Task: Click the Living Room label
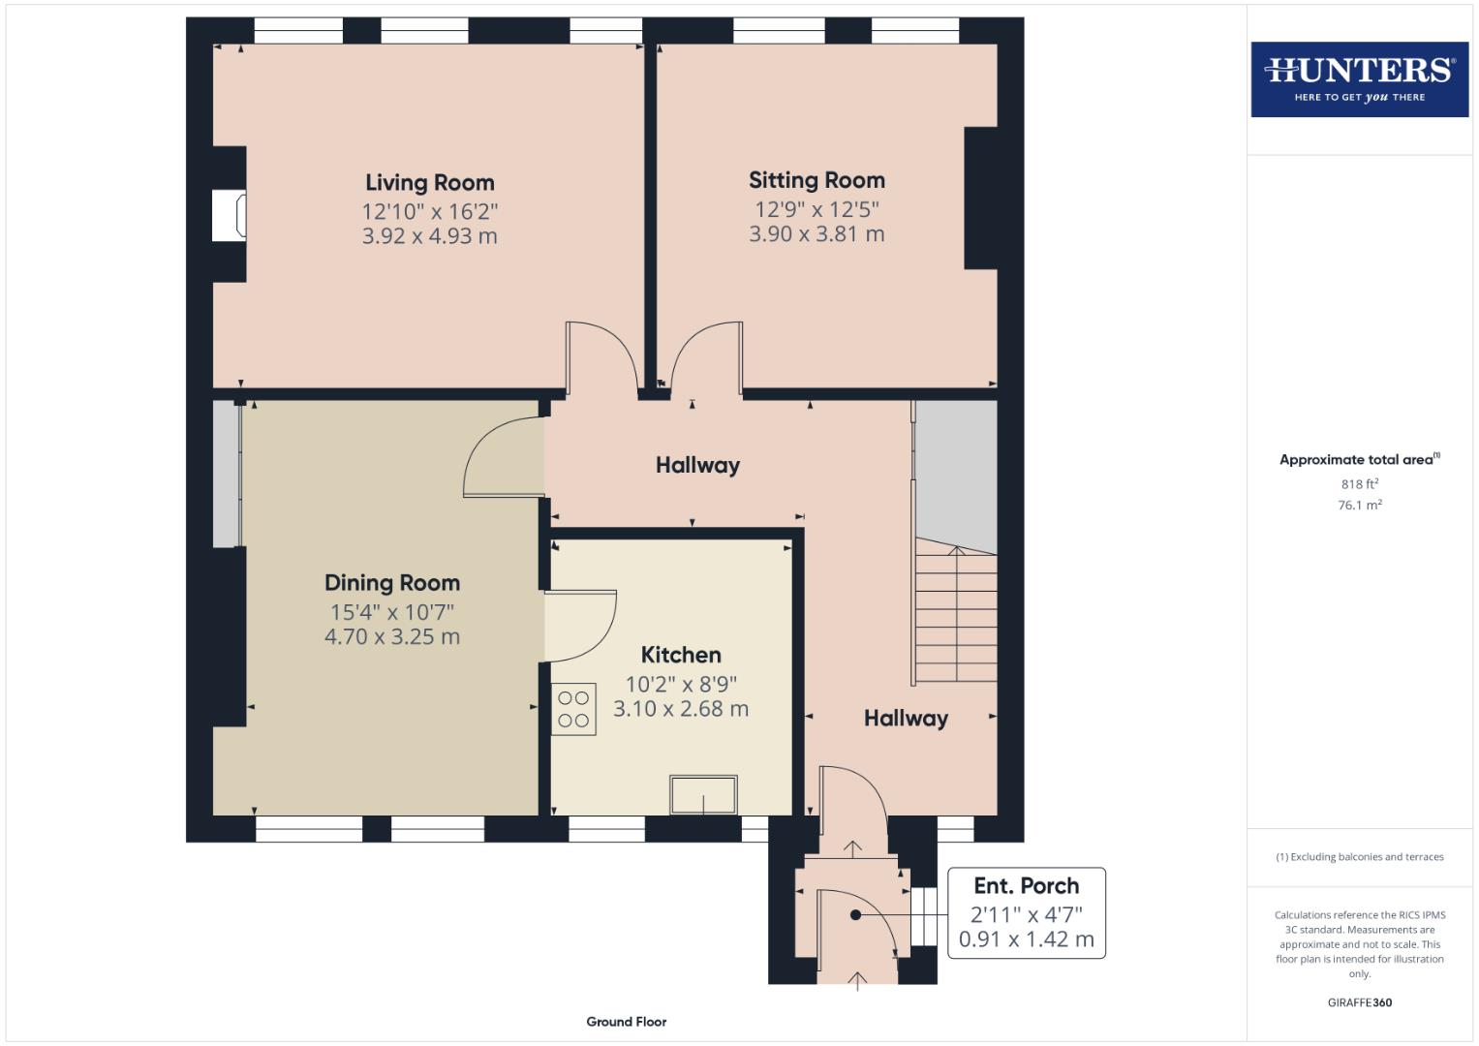tap(429, 183)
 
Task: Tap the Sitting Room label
tap(817, 180)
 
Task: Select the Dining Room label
tap(391, 583)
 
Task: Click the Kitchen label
tap(680, 655)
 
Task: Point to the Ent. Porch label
tap(1026, 886)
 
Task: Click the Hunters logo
tap(1359, 79)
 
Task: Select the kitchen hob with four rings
tap(573, 709)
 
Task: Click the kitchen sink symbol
tap(703, 795)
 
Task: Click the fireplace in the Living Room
tap(230, 215)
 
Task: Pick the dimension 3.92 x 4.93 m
tap(429, 236)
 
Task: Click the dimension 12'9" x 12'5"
tap(817, 209)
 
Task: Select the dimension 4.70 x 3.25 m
tap(391, 637)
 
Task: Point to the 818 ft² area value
tap(1359, 484)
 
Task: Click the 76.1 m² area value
tap(1359, 505)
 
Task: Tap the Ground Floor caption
tap(626, 1022)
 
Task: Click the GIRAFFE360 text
tap(1359, 1002)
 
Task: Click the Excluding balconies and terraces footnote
tap(1359, 857)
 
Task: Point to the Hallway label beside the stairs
tap(906, 719)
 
